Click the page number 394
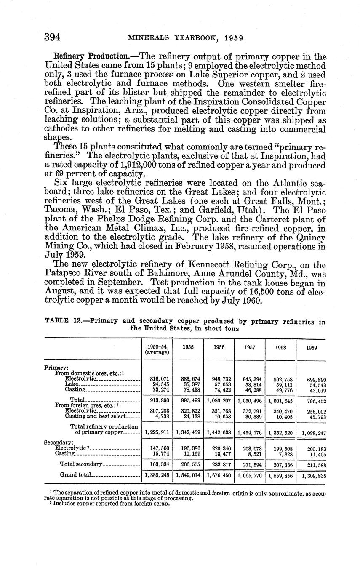point(53,37)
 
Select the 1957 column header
point(249,348)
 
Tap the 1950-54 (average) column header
point(157,350)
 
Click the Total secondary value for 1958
point(281,464)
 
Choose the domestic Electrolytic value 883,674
point(188,379)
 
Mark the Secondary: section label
point(58,442)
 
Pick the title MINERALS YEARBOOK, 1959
point(185,37)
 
